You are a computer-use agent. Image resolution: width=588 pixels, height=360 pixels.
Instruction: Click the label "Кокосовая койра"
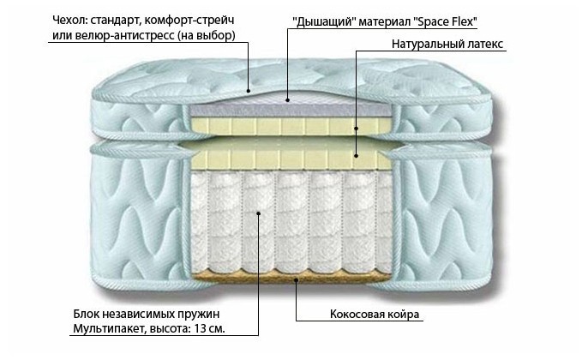click(x=375, y=314)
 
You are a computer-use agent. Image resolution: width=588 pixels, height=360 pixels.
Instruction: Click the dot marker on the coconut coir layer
click(x=297, y=279)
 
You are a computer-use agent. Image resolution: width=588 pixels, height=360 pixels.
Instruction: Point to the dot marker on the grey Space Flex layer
click(x=289, y=100)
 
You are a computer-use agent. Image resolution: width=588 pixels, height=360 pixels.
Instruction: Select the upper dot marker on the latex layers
click(x=357, y=127)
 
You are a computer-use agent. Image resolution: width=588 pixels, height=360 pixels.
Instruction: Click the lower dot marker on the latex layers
click(x=357, y=156)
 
